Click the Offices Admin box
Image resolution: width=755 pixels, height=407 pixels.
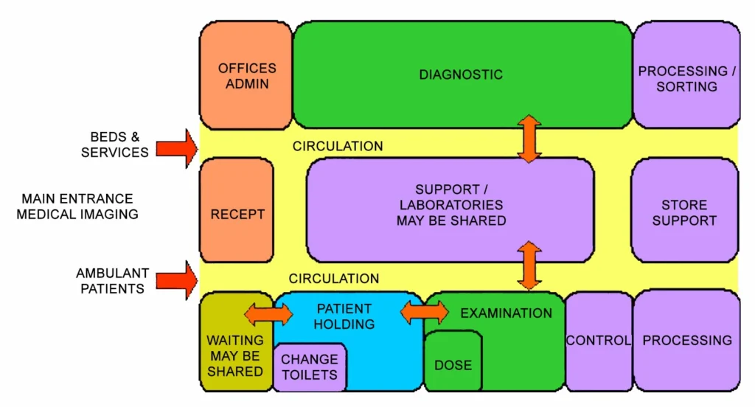(246, 75)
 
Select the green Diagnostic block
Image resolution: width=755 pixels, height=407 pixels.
(462, 74)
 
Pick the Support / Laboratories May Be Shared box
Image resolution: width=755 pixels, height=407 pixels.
(450, 210)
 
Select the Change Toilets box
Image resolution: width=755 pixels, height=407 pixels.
(310, 367)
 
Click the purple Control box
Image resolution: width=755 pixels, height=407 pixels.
(598, 340)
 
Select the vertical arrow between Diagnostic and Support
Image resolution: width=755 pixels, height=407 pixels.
(529, 139)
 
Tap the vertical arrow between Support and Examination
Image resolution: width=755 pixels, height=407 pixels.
(529, 265)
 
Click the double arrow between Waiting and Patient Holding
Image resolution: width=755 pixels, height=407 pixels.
(268, 315)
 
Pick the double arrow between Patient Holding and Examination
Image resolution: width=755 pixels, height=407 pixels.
(424, 312)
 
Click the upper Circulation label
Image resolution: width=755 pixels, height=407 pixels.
(338, 146)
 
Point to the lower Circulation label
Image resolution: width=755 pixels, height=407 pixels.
(334, 279)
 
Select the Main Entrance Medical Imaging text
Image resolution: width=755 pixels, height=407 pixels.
(77, 206)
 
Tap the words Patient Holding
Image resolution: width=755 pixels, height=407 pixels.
(344, 316)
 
